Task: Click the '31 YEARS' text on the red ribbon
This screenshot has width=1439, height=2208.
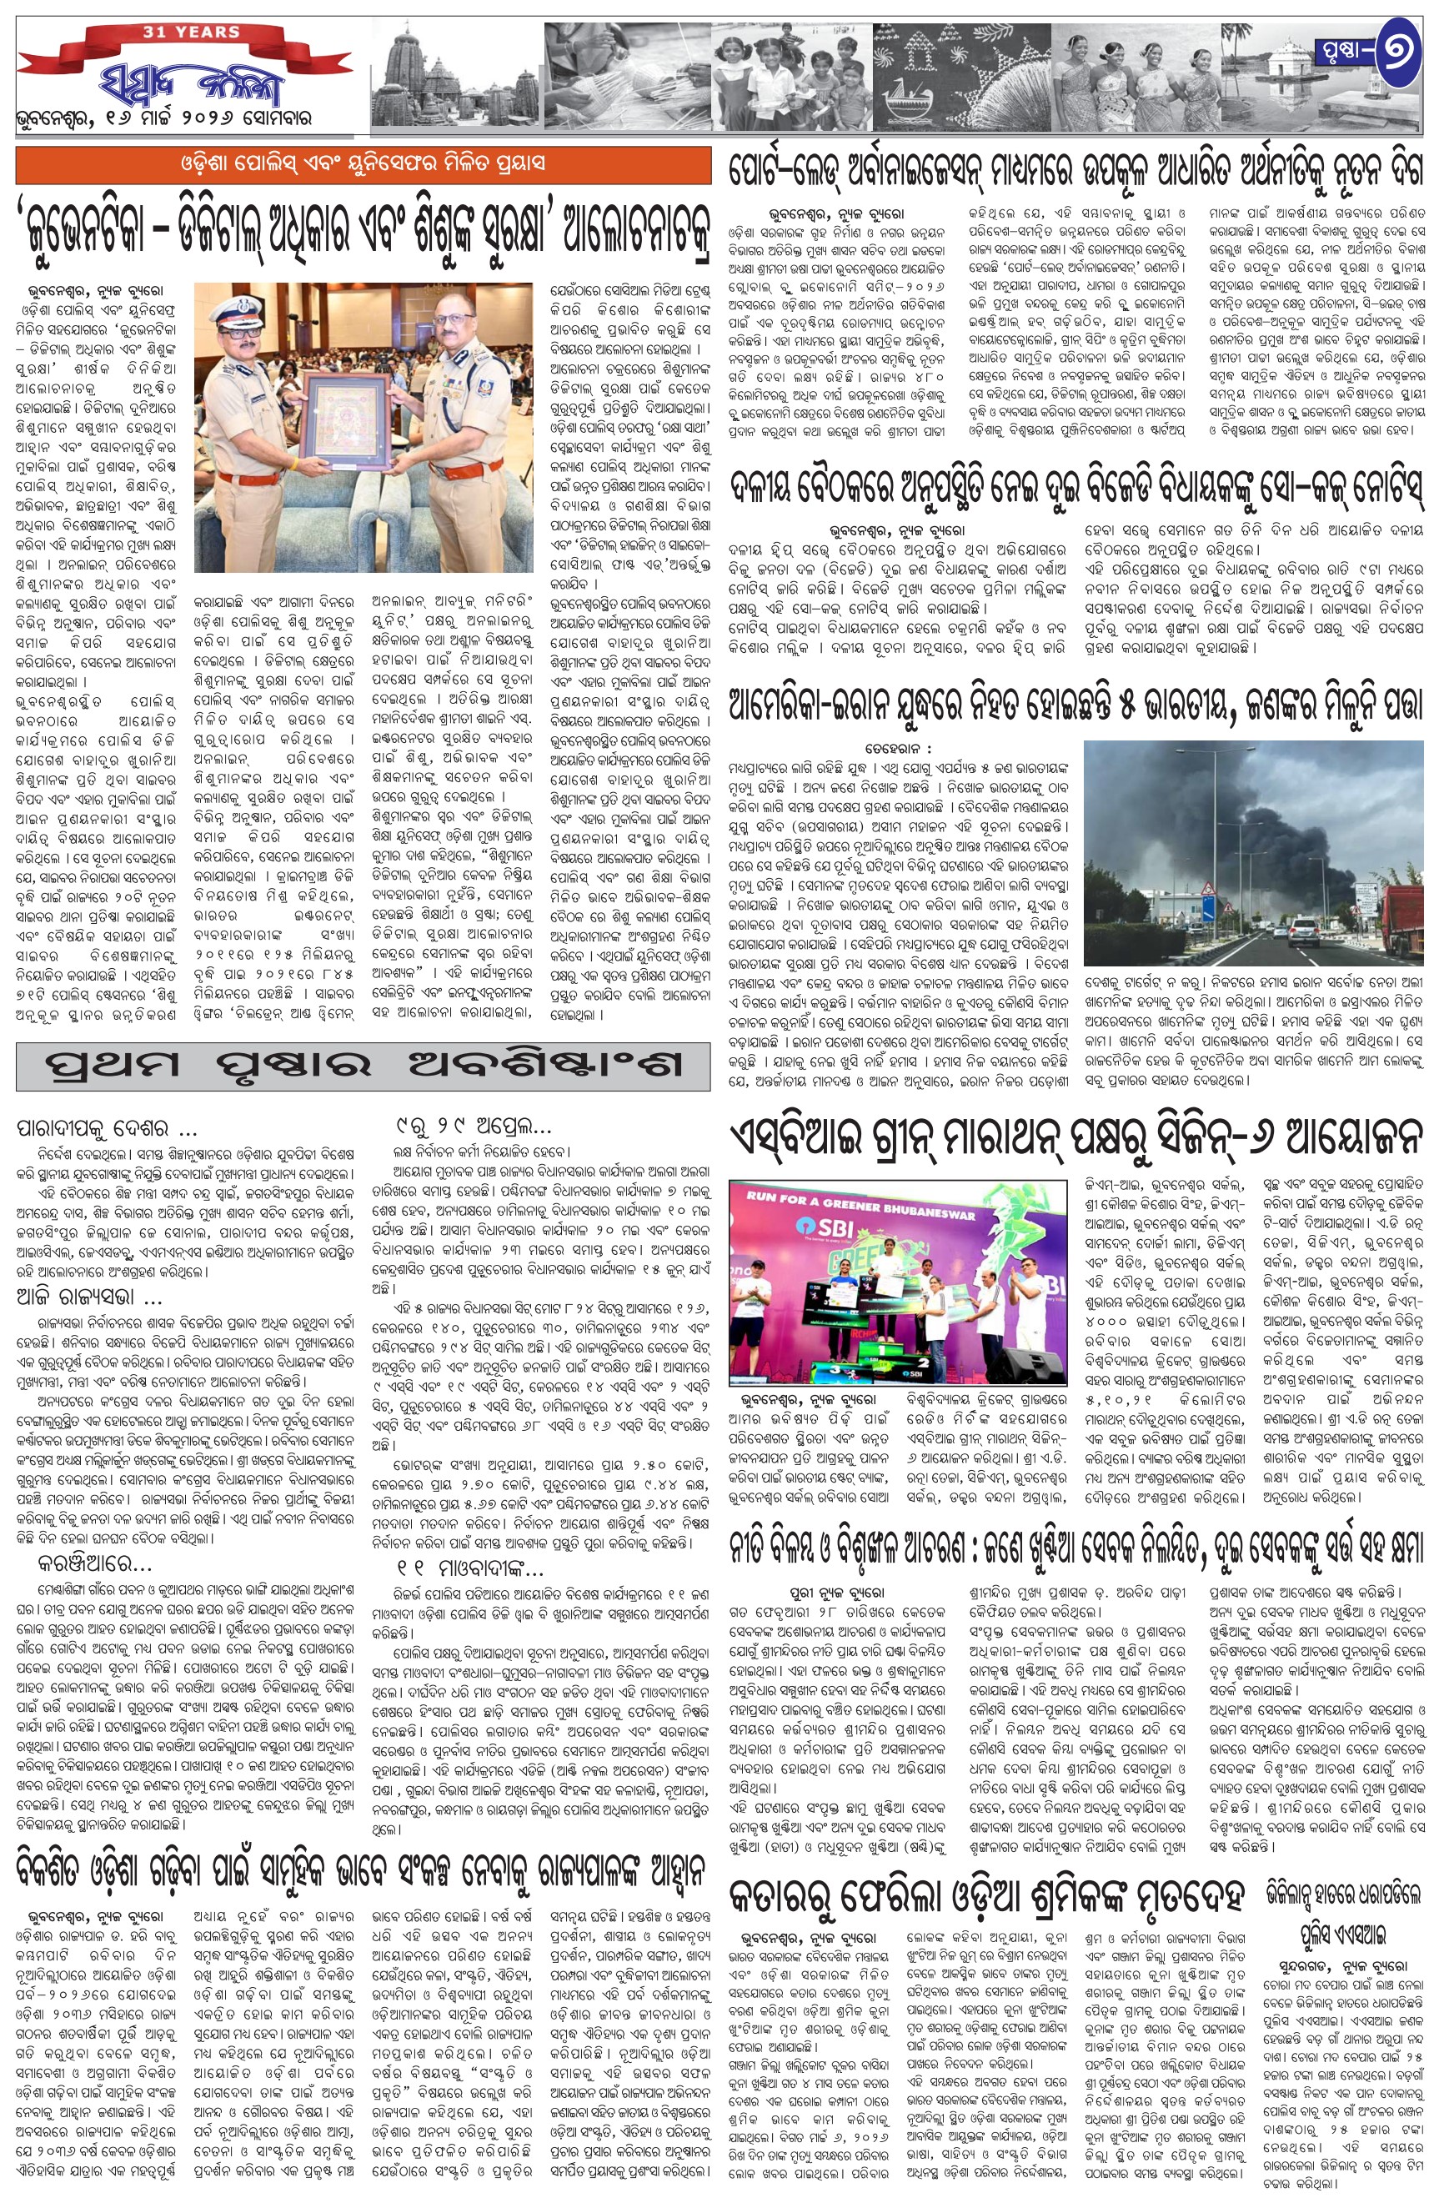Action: tap(191, 33)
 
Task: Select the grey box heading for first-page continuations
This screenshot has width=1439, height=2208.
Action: tap(350, 1064)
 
